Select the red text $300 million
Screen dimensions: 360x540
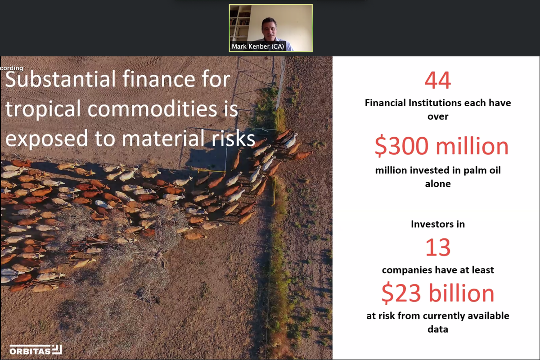(x=441, y=147)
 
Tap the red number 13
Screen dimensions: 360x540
(x=437, y=247)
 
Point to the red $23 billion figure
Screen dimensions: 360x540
(x=437, y=293)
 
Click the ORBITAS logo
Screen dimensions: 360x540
(x=35, y=349)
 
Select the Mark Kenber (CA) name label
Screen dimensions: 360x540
(x=258, y=46)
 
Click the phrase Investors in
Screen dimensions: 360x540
(x=437, y=224)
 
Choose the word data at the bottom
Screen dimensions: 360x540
(x=437, y=329)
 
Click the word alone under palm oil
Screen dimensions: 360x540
(x=437, y=184)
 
